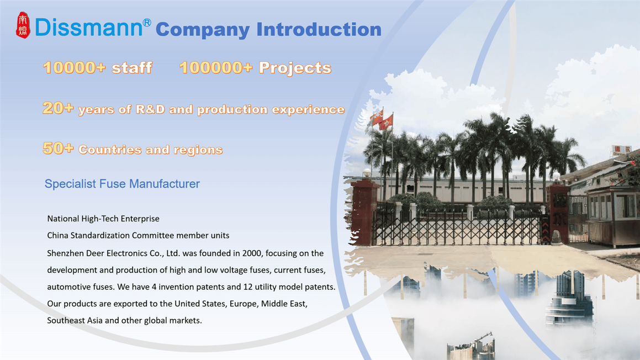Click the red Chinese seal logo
[23, 25]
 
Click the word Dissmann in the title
[88, 28]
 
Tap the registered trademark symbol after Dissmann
[146, 23]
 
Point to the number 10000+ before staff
[74, 68]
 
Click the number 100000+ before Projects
[216, 68]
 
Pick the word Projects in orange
[295, 68]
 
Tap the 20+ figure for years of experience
[57, 108]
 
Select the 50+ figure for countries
[57, 149]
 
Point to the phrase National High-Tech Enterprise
[103, 219]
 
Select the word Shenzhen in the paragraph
[65, 253]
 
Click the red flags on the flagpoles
[382, 119]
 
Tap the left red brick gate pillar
[364, 210]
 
